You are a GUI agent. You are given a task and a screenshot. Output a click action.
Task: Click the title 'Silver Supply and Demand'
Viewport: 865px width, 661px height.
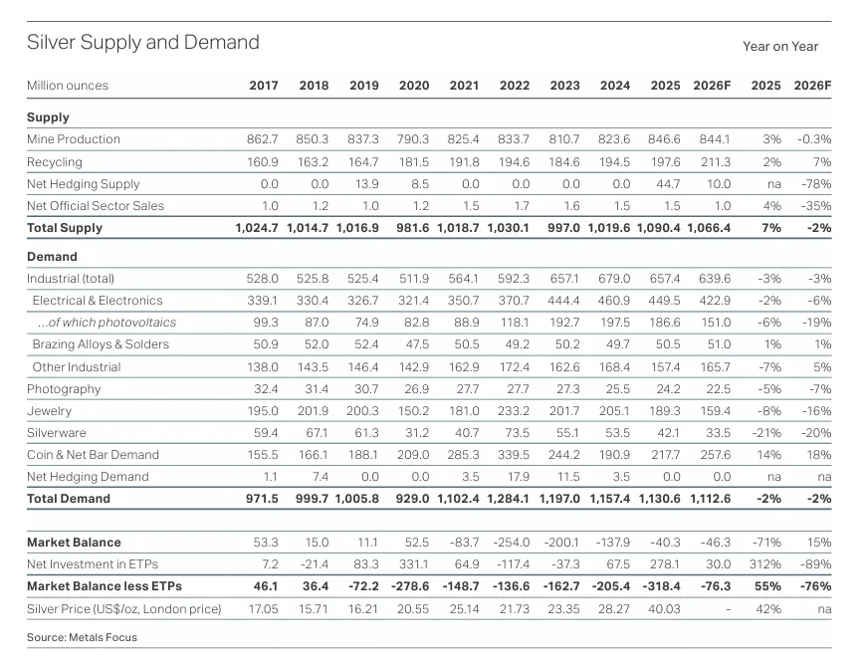click(142, 42)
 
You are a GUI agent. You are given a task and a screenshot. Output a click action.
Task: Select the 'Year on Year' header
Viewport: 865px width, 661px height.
click(780, 46)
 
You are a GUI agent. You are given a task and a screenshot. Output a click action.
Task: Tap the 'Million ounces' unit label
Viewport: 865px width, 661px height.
click(68, 86)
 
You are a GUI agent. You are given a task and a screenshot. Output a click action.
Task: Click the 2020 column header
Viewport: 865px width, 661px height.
click(414, 86)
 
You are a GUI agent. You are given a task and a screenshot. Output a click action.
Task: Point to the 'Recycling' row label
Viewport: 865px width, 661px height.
click(55, 161)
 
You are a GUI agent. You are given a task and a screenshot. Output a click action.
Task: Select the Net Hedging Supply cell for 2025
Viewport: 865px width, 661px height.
click(666, 184)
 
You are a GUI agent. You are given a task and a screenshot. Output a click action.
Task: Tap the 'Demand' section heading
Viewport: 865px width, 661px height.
click(52, 257)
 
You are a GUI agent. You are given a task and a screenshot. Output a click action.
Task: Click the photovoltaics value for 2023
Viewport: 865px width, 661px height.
click(564, 323)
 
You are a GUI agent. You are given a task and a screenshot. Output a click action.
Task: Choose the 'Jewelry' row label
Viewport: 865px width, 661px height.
click(49, 410)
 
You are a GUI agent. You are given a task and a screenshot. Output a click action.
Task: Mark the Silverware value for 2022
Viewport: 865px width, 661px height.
click(515, 433)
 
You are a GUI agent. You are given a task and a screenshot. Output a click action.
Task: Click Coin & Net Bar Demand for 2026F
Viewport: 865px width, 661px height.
click(714, 455)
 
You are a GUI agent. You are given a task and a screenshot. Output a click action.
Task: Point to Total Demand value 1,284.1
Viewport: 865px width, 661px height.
click(508, 499)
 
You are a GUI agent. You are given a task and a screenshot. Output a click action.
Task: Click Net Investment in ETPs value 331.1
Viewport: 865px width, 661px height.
click(414, 564)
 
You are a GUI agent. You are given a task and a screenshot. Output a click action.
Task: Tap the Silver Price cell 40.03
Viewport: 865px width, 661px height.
click(665, 608)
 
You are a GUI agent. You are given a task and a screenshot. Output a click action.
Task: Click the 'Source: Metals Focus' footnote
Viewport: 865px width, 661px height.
click(83, 637)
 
